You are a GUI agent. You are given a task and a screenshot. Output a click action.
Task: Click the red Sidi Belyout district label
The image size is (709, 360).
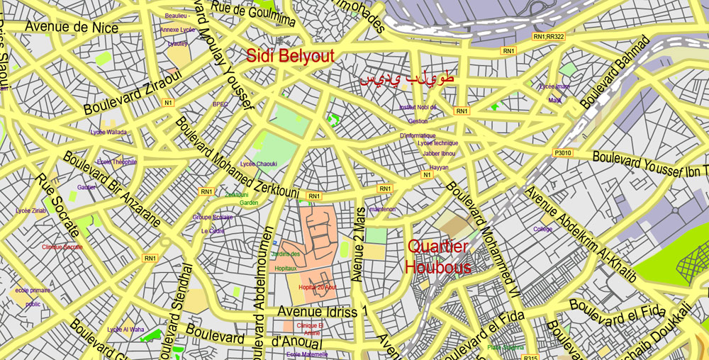290,57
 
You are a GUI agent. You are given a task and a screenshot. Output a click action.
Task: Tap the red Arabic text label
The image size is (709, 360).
406,79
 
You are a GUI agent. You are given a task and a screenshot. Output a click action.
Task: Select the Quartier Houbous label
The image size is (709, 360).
437,257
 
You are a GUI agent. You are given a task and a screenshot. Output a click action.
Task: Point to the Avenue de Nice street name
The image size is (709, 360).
72,27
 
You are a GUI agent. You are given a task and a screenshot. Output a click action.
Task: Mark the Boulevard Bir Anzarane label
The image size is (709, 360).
111,189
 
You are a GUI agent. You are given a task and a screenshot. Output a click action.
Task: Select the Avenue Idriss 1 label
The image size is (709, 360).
323,312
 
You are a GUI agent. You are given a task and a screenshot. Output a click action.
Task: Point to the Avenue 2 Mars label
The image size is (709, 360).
360,244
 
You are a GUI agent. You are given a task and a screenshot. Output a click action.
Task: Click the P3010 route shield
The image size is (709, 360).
563,153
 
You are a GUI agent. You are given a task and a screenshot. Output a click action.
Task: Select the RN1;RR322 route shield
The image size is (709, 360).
549,37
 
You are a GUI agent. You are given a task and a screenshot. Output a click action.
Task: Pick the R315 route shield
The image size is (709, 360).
531,357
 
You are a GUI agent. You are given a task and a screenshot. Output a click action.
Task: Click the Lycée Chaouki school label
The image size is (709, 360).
258,164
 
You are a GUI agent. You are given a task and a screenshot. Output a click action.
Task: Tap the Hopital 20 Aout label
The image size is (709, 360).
317,287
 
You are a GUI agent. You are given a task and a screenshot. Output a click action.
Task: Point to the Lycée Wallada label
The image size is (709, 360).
108,132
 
